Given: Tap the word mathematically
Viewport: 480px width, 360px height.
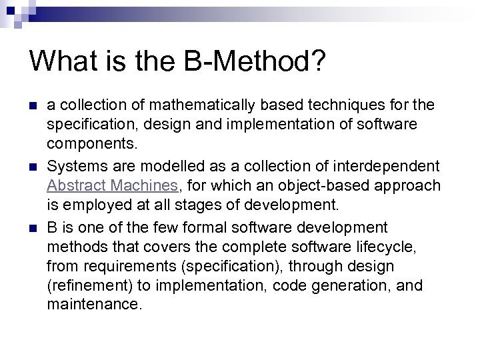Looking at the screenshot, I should coord(203,105).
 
